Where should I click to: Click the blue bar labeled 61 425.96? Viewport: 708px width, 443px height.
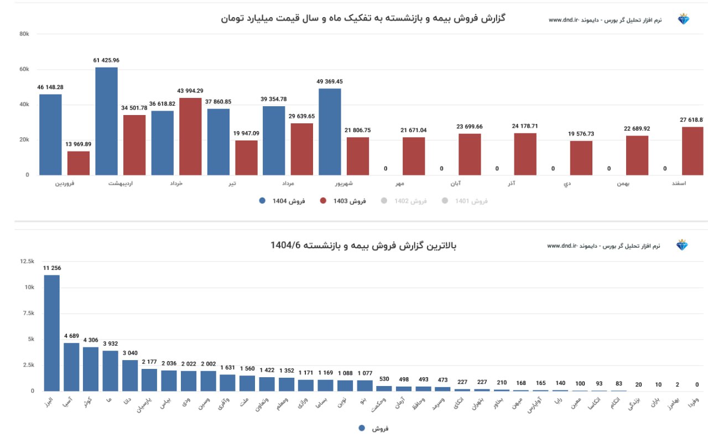(x=106, y=121)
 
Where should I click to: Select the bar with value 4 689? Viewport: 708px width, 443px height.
(x=71, y=367)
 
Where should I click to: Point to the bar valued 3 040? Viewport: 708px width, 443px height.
(x=130, y=376)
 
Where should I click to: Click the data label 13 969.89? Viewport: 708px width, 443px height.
(x=79, y=144)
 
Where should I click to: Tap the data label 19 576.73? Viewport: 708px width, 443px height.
(x=581, y=134)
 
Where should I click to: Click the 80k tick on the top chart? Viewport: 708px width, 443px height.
(x=24, y=34)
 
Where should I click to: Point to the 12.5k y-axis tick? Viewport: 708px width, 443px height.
(x=27, y=261)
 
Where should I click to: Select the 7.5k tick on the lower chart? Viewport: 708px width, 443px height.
(x=27, y=313)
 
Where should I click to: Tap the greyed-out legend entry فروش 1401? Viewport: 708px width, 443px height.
(x=465, y=201)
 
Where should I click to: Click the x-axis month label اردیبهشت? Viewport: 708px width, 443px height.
(x=121, y=183)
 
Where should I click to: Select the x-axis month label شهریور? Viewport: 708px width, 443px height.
(x=344, y=183)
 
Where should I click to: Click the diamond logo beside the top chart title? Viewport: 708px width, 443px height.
(x=684, y=19)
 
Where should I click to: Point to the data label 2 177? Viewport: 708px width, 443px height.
(x=149, y=362)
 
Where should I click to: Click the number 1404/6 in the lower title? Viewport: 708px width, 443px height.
(x=285, y=245)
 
